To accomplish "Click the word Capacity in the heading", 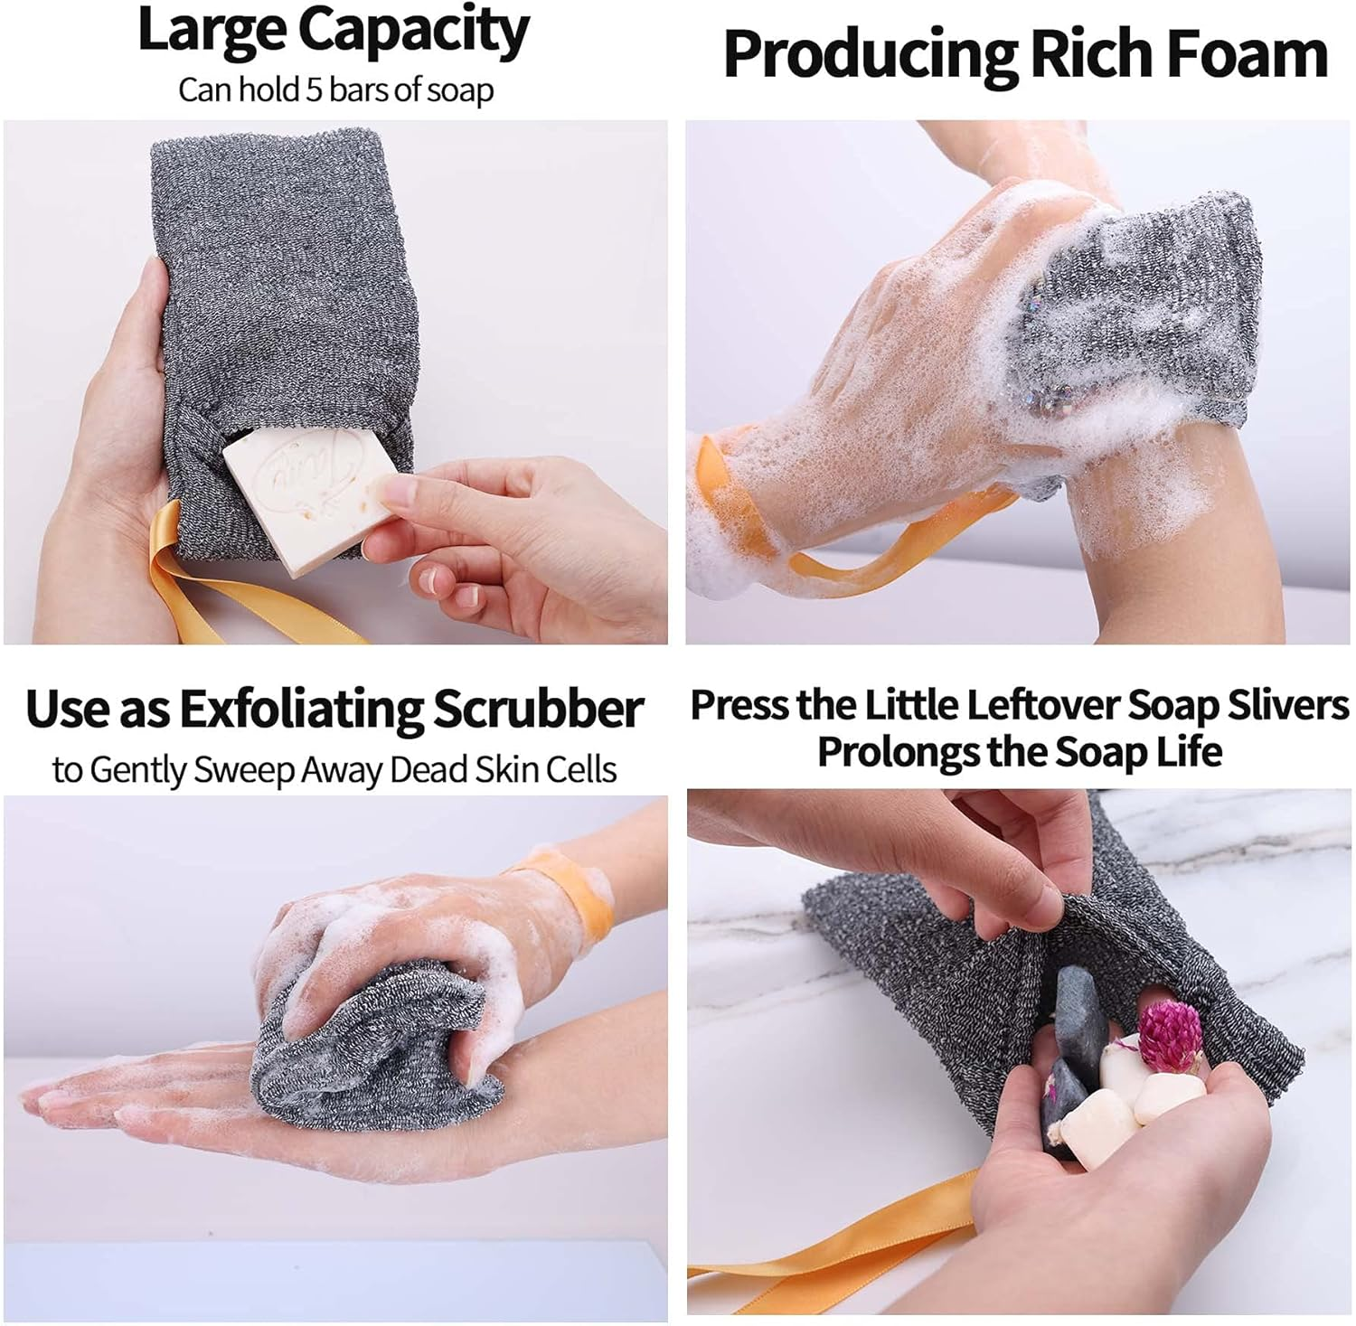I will point(414,33).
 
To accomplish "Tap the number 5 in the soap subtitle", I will point(314,90).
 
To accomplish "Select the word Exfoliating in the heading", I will point(301,710).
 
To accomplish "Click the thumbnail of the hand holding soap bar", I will point(335,381).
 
